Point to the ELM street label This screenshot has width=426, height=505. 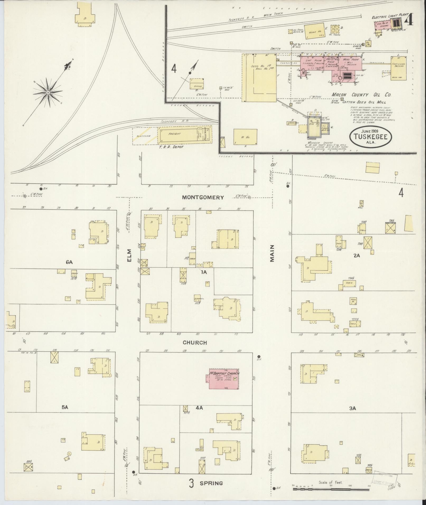[129, 256]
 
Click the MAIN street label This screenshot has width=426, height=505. [272, 253]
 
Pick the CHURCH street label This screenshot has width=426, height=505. [195, 343]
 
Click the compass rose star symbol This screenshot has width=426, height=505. [48, 93]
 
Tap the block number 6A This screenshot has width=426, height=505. [69, 262]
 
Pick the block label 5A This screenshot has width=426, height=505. [65, 415]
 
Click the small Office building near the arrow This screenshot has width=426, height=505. [197, 84]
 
